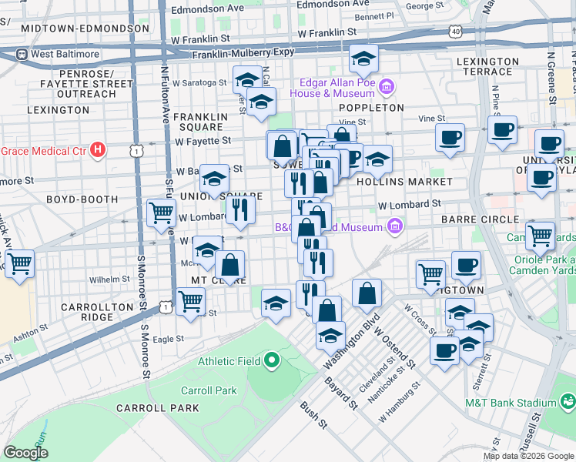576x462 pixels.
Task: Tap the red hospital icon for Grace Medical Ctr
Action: coord(98,149)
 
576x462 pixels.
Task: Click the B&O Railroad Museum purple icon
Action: coord(395,226)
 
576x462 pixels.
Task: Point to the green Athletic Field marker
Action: coord(271,360)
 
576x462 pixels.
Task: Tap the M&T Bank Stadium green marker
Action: coord(568,402)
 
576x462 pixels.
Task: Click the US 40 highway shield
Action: coord(456,32)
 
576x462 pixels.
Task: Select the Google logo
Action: coord(26,452)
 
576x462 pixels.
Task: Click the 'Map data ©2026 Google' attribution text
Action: coord(527,456)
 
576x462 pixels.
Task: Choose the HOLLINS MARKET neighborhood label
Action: coord(404,181)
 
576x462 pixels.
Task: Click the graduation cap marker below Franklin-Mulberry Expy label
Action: coord(363,57)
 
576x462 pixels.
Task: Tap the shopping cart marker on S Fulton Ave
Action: coord(161,211)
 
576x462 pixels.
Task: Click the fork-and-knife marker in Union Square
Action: coord(240,207)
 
